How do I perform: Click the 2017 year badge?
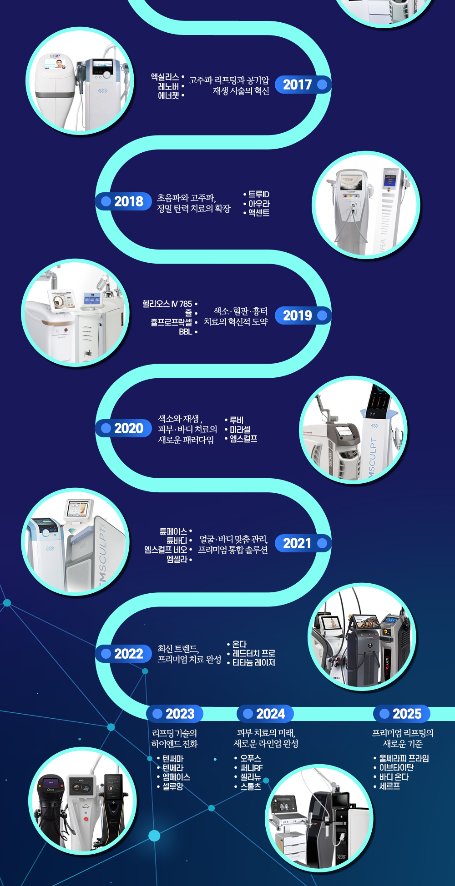coord(303,85)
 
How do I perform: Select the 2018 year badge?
coord(123,201)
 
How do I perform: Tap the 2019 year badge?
coord(303,315)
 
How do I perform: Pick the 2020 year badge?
coord(123,428)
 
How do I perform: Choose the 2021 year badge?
coord(303,543)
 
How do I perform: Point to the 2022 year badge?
coord(123,654)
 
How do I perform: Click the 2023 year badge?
coord(175,714)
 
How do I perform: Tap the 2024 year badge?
coord(265,714)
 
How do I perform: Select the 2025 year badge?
coord(402,714)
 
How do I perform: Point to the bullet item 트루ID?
coord(258,195)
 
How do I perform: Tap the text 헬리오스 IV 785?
coord(167,304)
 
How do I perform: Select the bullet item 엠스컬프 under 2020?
coord(243,439)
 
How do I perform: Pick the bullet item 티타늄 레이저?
coord(253,663)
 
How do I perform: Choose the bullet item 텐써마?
coord(173,759)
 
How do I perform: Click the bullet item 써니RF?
coord(251,768)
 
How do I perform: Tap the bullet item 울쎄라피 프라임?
coord(404,758)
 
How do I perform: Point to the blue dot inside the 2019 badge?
coord(322,315)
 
